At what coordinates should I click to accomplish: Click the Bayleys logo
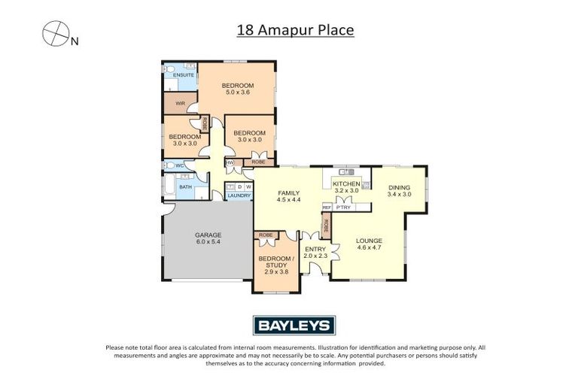(x=293, y=325)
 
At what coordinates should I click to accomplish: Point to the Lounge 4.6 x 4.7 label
(x=369, y=244)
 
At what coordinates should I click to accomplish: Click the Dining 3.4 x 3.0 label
(x=400, y=190)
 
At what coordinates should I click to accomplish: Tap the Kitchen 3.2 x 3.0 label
(x=347, y=187)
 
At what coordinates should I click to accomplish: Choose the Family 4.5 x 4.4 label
(x=288, y=196)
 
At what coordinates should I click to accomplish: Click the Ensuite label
(x=183, y=75)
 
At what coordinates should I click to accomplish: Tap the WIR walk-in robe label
(x=180, y=103)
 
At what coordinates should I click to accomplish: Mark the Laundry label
(x=239, y=196)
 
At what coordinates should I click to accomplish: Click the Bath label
(x=184, y=186)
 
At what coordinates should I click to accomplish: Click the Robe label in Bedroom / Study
(x=265, y=235)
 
